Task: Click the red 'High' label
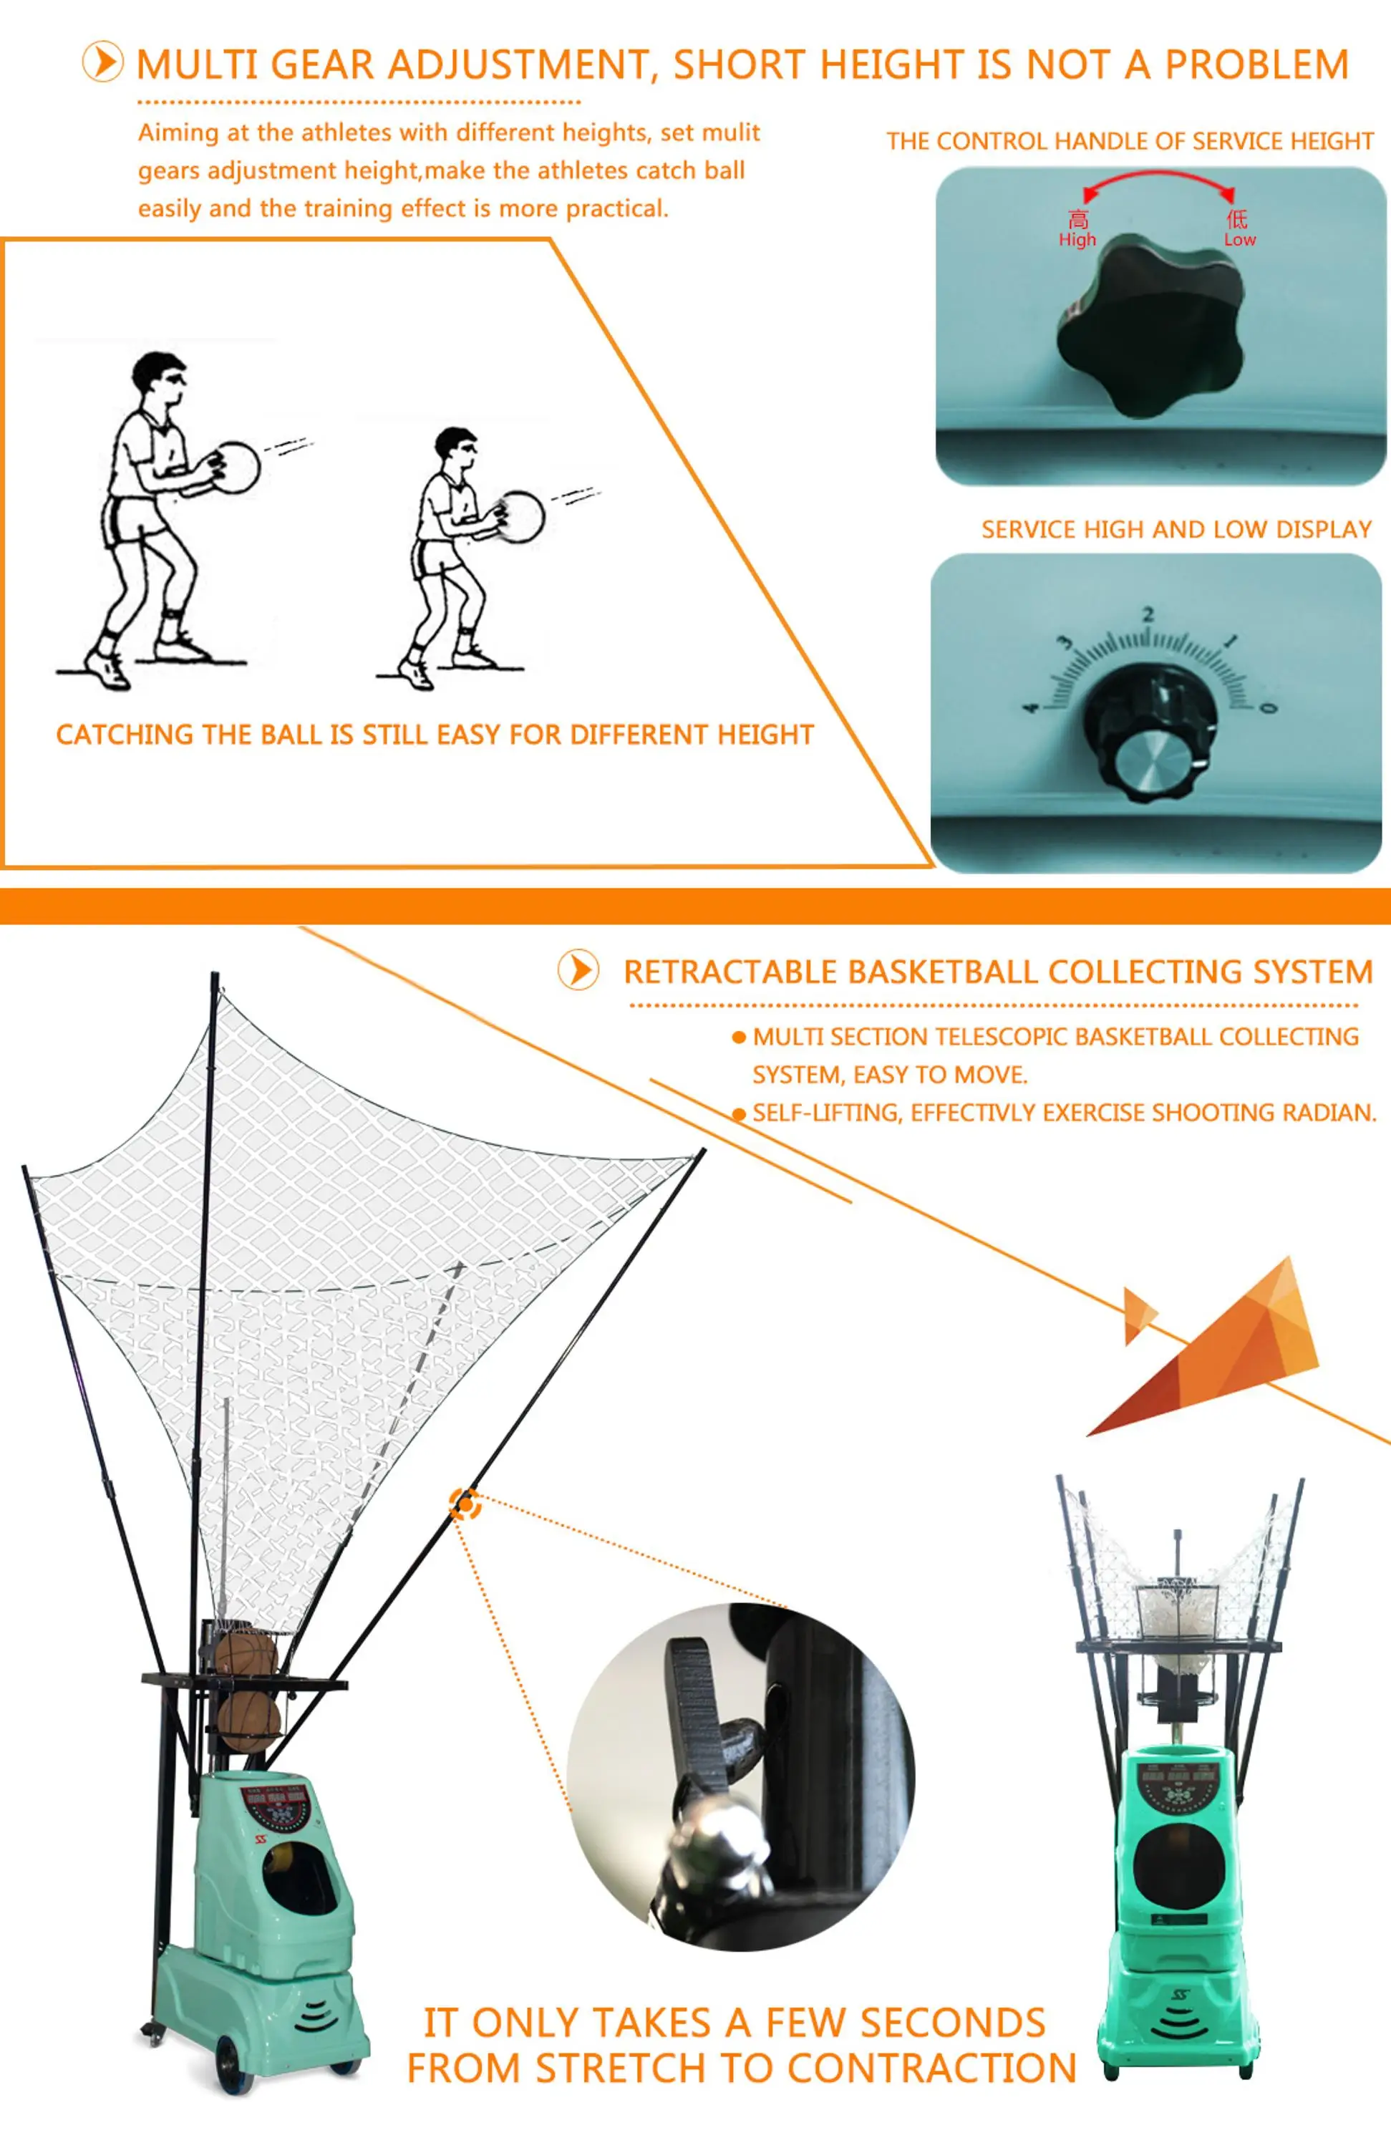click(1077, 239)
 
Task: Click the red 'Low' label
click(1239, 239)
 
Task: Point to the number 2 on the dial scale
click(1148, 614)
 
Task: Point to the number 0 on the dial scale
click(1269, 707)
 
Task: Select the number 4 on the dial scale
click(1031, 707)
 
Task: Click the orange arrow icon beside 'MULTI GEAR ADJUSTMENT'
click(103, 63)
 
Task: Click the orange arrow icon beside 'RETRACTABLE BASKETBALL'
click(578, 970)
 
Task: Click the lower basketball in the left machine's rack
click(248, 1721)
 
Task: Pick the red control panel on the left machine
click(276, 1805)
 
